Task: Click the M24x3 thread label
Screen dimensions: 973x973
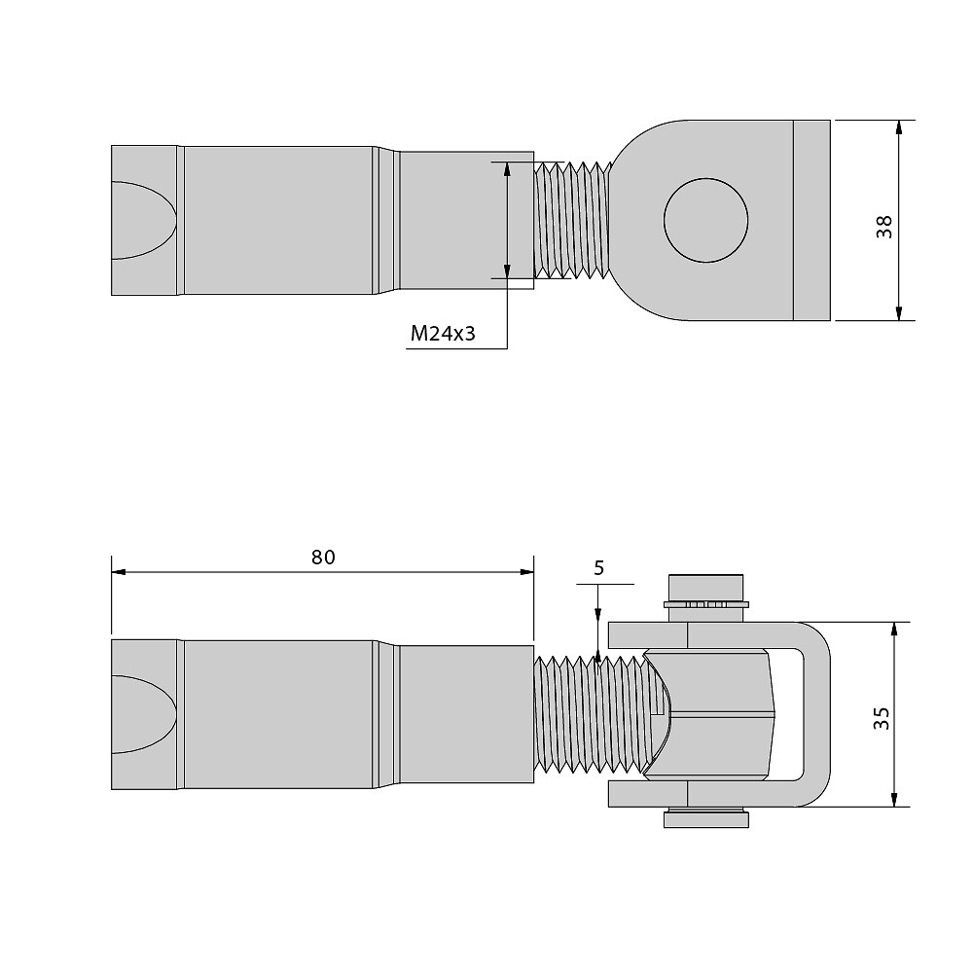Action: click(443, 333)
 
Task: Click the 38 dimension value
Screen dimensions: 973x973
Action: click(883, 226)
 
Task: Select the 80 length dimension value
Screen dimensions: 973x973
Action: click(323, 558)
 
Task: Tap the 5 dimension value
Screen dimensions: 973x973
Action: click(598, 568)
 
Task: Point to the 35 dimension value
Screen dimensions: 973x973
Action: click(882, 718)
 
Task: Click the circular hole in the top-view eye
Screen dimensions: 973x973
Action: click(705, 220)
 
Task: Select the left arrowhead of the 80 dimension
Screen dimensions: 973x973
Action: click(119, 571)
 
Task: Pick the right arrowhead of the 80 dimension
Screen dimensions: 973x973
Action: click(526, 571)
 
